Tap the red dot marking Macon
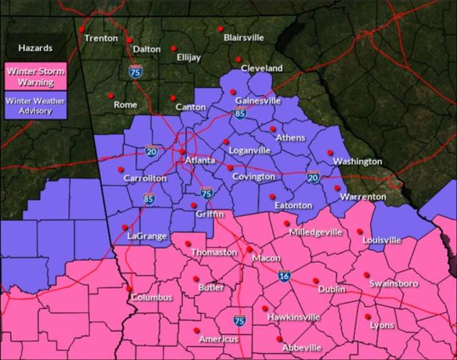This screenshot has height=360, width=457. coord(250,250)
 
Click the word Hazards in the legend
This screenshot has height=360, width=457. coord(35,48)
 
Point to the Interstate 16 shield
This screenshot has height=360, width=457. coord(285,275)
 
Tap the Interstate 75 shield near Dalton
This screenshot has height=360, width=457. coord(135,71)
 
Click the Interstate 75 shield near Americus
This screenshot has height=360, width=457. coord(239,320)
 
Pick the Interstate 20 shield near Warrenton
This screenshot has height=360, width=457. coord(313,177)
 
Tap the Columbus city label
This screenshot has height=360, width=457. coord(151,297)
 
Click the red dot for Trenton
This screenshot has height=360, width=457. coord(82,30)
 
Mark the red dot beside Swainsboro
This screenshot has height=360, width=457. coord(366,275)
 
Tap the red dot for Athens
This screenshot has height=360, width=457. coord(273,129)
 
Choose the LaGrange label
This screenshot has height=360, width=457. coord(147,236)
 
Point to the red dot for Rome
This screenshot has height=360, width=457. coord(111,96)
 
